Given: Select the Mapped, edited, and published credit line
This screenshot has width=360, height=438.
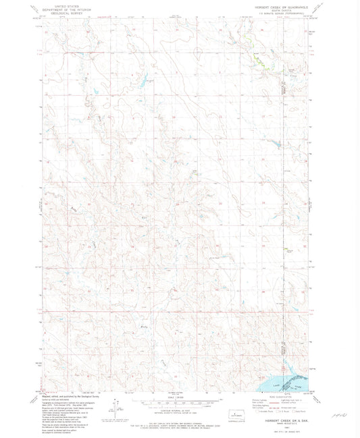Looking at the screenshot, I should click(x=64, y=398).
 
